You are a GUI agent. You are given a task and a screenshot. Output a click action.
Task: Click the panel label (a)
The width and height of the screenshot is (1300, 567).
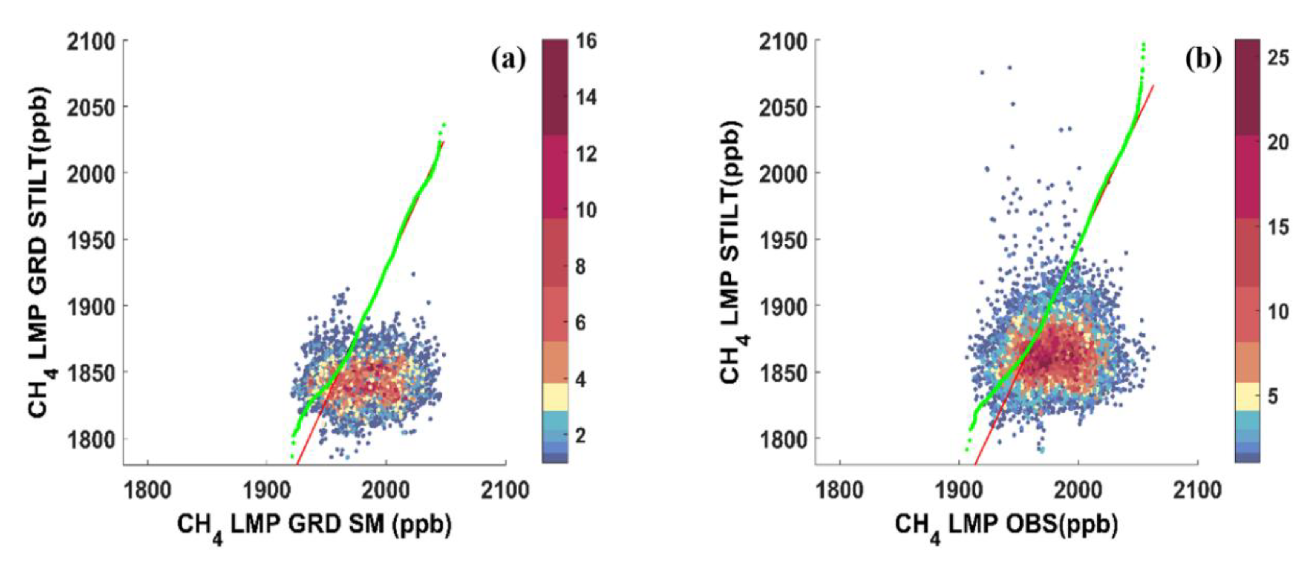tap(508, 60)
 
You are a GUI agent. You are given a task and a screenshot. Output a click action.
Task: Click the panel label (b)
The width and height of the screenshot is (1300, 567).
tap(1203, 60)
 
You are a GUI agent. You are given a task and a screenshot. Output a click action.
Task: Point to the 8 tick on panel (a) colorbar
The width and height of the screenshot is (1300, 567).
tap(581, 266)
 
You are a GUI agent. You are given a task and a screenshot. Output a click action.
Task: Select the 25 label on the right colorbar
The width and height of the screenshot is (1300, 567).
tap(1278, 58)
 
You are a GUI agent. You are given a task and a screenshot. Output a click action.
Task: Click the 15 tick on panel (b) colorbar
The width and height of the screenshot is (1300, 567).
tap(1278, 227)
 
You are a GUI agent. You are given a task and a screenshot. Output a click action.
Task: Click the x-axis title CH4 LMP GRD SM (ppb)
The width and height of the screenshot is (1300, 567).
tap(314, 526)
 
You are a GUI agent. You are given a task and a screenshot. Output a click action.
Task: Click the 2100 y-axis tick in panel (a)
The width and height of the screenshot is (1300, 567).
tap(91, 41)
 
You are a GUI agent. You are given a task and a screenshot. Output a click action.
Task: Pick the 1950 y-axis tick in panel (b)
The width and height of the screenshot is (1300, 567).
tap(783, 240)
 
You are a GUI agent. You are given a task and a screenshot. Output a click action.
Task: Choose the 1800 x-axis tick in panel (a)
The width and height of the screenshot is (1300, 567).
tap(147, 490)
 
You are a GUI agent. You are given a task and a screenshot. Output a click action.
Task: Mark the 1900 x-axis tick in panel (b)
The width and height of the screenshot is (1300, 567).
tap(959, 490)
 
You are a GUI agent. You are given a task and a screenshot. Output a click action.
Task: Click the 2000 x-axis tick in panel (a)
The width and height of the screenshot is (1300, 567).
tap(386, 490)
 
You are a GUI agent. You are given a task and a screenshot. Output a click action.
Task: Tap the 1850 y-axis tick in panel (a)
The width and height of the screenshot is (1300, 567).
tap(91, 373)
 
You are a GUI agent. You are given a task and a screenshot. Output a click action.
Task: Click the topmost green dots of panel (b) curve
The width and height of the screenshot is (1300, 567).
tap(1143, 46)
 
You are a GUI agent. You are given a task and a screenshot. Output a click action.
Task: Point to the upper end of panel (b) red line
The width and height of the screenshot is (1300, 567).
tap(1153, 86)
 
